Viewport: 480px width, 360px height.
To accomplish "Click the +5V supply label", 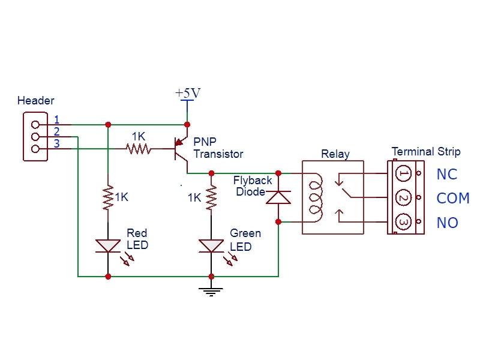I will [187, 94].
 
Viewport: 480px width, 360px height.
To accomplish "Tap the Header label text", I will [36, 101].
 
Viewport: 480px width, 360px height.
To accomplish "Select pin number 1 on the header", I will [56, 119].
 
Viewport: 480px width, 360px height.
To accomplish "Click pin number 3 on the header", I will [56, 143].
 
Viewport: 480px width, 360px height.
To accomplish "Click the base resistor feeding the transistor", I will [139, 148].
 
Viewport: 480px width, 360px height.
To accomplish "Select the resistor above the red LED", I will [108, 198].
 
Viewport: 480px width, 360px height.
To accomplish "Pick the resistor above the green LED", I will [211, 198].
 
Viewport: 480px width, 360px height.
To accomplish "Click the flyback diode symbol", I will [278, 197].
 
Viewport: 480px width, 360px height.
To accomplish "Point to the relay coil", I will [314, 197].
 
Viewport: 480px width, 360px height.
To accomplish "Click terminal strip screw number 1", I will [404, 174].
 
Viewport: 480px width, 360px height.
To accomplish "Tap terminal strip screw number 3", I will [404, 223].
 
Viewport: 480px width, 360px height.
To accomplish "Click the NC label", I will [447, 174].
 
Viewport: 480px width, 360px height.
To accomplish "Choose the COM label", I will [452, 199].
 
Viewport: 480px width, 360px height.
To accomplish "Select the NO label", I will [447, 223].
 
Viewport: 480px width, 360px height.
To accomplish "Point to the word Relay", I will [335, 154].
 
